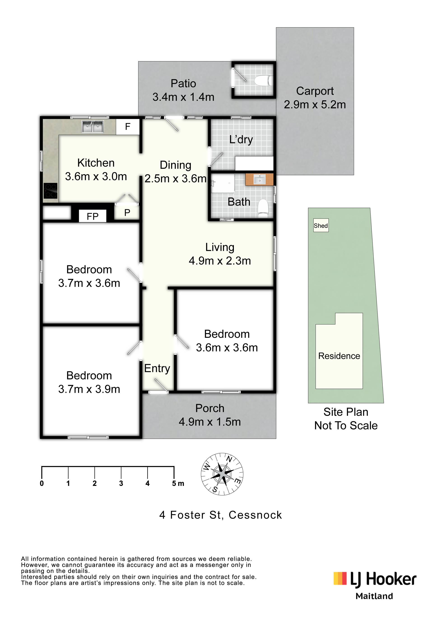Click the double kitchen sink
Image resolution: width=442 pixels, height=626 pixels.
(93, 127)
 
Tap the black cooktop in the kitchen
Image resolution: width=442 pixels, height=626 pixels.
(51, 191)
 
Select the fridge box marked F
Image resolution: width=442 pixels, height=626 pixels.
(128, 127)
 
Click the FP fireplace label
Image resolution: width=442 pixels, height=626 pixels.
(93, 217)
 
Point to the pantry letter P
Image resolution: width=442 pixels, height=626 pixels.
(127, 212)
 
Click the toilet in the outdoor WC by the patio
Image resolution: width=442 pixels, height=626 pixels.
(263, 81)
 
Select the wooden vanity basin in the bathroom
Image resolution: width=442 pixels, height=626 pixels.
(259, 179)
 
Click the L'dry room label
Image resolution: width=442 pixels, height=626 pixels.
(241, 140)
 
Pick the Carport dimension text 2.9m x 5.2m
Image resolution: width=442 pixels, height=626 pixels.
(315, 105)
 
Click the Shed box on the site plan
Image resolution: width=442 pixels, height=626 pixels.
(321, 225)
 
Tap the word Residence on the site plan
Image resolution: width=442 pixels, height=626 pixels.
(339, 356)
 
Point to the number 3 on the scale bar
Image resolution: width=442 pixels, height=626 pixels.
(121, 483)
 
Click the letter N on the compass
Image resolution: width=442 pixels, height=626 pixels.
(229, 459)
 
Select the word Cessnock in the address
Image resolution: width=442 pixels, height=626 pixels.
(255, 515)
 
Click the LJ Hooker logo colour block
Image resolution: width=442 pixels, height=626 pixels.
(340, 578)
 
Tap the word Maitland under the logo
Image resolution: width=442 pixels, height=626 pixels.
(374, 596)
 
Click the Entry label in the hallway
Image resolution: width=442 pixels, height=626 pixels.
(157, 369)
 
